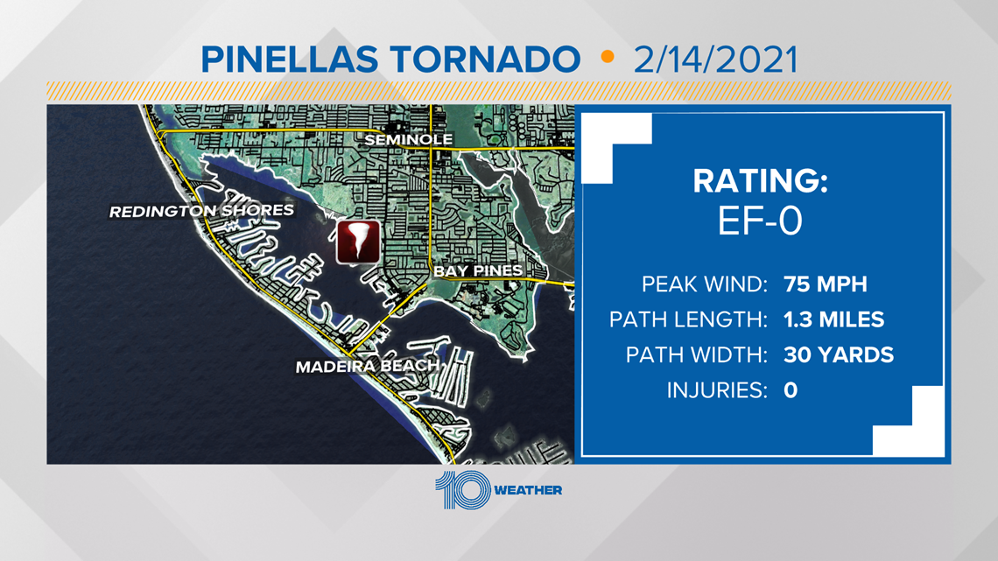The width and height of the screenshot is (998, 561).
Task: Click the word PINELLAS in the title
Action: pos(289,60)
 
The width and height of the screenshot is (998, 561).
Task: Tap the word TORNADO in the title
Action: pos(485,60)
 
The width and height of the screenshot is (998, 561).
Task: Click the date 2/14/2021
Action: pos(715,60)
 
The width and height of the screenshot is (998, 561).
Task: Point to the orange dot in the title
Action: pos(608,57)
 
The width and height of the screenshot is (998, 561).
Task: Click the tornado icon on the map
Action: pos(358,242)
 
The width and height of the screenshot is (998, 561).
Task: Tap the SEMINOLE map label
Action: pos(409,139)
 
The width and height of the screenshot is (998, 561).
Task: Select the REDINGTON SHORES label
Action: pos(201,211)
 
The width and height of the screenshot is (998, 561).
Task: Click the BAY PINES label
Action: pos(478,271)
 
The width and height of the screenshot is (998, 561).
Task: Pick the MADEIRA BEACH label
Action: pos(368,367)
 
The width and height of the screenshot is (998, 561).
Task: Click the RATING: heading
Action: pos(760,180)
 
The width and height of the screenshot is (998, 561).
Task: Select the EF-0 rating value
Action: pos(760,221)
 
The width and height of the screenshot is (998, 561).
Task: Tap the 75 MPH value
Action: pos(825,284)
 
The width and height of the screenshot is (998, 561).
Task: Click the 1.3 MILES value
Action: pos(833,319)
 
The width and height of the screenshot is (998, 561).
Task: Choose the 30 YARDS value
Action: pos(839,355)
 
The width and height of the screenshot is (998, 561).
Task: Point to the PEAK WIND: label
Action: pos(705,284)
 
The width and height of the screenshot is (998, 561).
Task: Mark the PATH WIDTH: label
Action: pos(697,355)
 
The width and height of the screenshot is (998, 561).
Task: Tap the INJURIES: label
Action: pos(717,390)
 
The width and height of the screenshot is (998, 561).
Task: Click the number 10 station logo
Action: pos(463,490)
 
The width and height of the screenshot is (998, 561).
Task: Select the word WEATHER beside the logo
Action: pos(528,490)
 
